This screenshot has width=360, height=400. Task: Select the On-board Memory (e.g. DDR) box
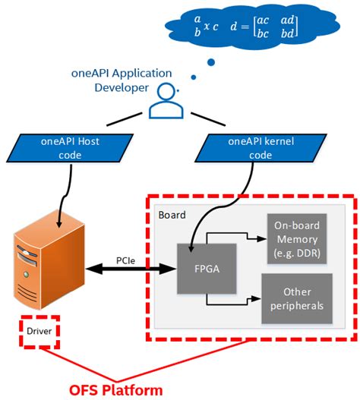[295, 239]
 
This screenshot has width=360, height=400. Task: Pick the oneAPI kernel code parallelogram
[248, 148]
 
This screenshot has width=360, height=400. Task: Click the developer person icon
[166, 102]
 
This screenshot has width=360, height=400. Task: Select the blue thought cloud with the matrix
[231, 26]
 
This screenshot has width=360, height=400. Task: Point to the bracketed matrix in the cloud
[272, 27]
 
